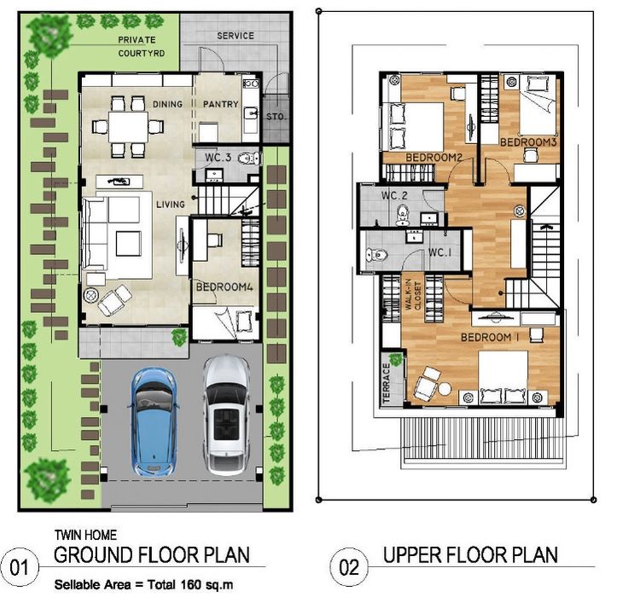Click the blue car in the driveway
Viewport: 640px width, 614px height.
coord(154,422)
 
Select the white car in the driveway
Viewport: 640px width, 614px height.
coord(227,415)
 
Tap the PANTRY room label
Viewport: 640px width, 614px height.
coord(221,104)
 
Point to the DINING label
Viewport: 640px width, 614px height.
coord(167,104)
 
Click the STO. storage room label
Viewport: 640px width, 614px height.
coord(276,117)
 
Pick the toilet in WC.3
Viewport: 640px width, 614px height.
coord(248,159)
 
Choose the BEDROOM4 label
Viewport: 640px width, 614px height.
coord(224,287)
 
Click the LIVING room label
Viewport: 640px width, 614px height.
coord(171,204)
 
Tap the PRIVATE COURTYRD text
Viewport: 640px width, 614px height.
coord(141,47)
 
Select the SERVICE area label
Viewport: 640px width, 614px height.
coord(236,36)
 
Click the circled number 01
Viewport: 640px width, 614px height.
coord(19,567)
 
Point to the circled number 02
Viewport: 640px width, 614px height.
coord(349,567)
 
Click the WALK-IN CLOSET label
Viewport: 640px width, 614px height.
coord(412,295)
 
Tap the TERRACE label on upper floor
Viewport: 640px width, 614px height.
coord(386,383)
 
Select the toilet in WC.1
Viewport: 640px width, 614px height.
coord(376,255)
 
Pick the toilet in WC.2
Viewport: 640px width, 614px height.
coord(403,215)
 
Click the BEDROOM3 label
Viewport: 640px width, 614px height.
coord(528,142)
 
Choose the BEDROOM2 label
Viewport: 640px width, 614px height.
coord(433,158)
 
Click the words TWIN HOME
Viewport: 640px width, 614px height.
coord(85,535)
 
